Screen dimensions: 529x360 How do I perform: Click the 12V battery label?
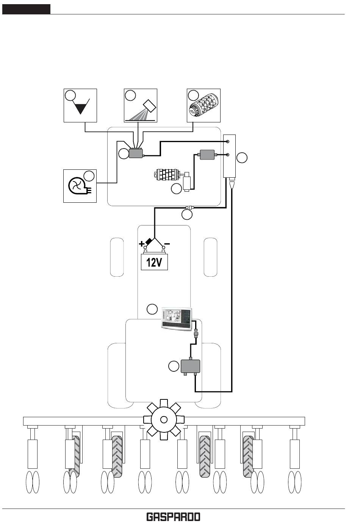point(154,262)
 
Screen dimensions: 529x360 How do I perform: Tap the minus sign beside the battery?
point(167,243)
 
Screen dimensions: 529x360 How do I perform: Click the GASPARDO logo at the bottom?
point(173,517)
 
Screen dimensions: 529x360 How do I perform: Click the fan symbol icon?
point(75,186)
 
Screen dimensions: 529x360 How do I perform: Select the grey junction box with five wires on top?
point(136,153)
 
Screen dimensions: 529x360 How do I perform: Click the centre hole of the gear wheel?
point(164,419)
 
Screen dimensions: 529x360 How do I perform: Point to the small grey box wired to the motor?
point(207,155)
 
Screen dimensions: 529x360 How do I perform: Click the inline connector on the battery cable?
point(189,207)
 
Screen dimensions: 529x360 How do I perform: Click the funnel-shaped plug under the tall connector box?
point(232,185)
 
